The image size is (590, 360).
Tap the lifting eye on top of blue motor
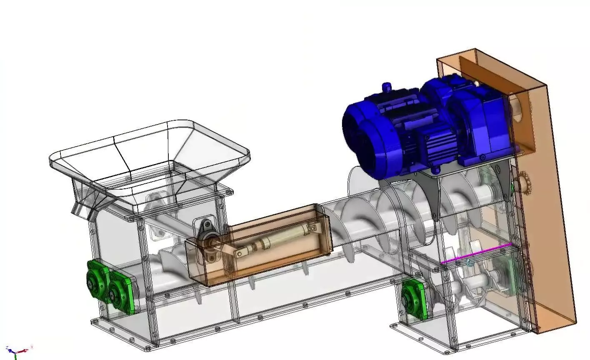point(387,87)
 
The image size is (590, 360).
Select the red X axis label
point(32,347)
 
